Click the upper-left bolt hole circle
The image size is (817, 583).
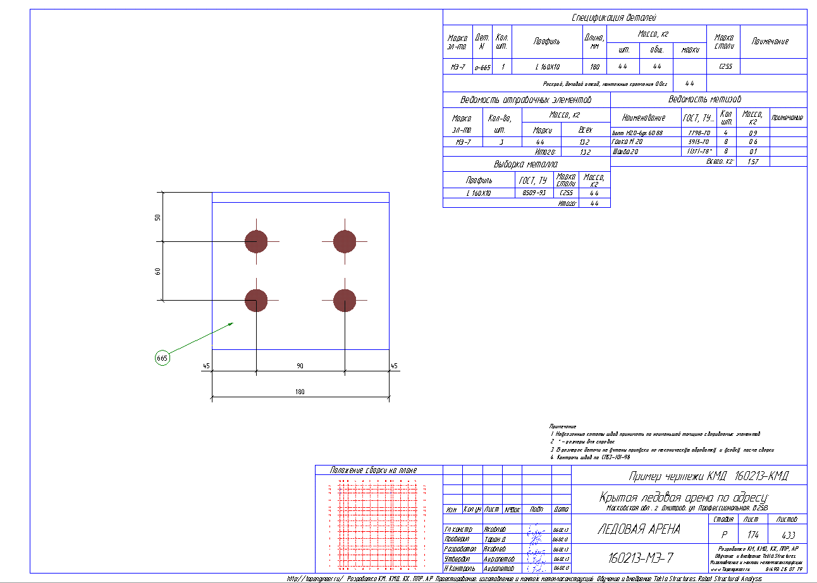256,241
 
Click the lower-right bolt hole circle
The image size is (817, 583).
345,300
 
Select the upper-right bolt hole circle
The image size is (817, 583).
345,241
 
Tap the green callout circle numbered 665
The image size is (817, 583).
163,358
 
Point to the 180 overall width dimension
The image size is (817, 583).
300,392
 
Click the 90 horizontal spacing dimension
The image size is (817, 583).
300,366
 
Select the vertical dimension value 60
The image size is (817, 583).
158,271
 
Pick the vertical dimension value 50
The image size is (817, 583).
158,217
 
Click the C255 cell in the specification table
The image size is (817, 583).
723,66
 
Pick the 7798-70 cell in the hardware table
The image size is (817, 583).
698,133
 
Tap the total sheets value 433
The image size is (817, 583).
788,534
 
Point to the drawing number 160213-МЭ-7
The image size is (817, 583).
640,558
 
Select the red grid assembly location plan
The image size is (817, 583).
378,525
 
